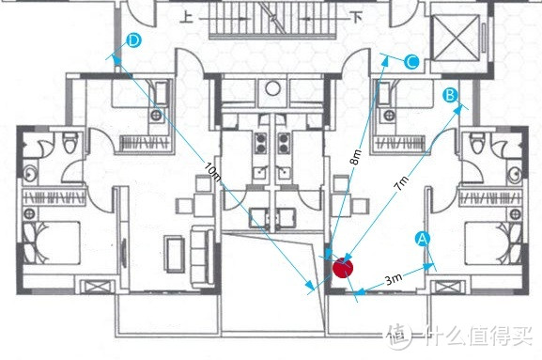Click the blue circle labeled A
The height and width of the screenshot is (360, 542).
[423, 239]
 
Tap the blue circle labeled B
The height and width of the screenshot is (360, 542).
[450, 95]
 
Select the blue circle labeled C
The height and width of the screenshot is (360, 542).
[411, 62]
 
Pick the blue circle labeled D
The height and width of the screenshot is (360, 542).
[133, 40]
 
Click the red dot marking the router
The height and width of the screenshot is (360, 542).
[343, 268]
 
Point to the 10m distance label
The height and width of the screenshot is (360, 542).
[212, 171]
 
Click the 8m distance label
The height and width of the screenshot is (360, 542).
[356, 157]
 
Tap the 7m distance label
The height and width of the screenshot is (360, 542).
[402, 182]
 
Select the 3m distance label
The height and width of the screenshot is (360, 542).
[394, 279]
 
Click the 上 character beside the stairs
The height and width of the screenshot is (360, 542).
[187, 17]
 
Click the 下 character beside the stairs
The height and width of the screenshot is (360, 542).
[356, 17]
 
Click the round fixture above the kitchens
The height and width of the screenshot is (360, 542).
[272, 88]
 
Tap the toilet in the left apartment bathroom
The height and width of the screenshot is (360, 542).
[70, 143]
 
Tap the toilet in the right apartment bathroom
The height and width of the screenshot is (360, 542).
[476, 143]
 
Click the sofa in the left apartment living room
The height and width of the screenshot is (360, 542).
[203, 257]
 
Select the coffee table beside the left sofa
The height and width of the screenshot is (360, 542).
[174, 254]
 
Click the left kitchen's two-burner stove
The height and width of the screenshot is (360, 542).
[261, 144]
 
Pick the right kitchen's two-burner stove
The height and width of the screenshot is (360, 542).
[284, 144]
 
